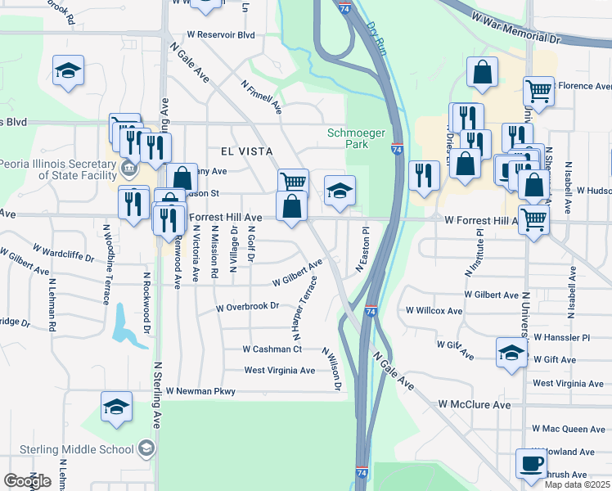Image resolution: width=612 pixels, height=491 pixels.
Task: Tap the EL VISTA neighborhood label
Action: pos(245,151)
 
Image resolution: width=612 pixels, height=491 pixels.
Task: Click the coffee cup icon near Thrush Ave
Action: pos(530,464)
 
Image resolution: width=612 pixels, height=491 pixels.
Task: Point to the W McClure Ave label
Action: pos(474,404)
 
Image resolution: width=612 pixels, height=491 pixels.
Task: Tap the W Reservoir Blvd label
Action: pos(221,35)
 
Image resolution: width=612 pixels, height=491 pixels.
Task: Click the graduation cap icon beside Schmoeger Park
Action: pos(340,190)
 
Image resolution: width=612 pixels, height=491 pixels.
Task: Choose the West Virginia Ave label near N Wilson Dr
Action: pos(280,370)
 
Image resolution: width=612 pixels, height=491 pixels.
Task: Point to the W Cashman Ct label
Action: pos(272,349)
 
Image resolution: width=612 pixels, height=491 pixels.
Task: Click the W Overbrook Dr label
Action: pos(247,308)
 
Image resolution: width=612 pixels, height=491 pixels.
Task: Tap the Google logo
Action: pos(27,481)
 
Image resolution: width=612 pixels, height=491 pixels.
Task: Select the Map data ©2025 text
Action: pos(577,484)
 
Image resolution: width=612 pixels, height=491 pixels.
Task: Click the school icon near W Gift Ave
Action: pos(511,353)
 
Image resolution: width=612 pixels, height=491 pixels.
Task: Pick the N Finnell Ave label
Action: pos(262,96)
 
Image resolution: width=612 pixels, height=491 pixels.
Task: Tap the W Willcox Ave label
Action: pos(434,311)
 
